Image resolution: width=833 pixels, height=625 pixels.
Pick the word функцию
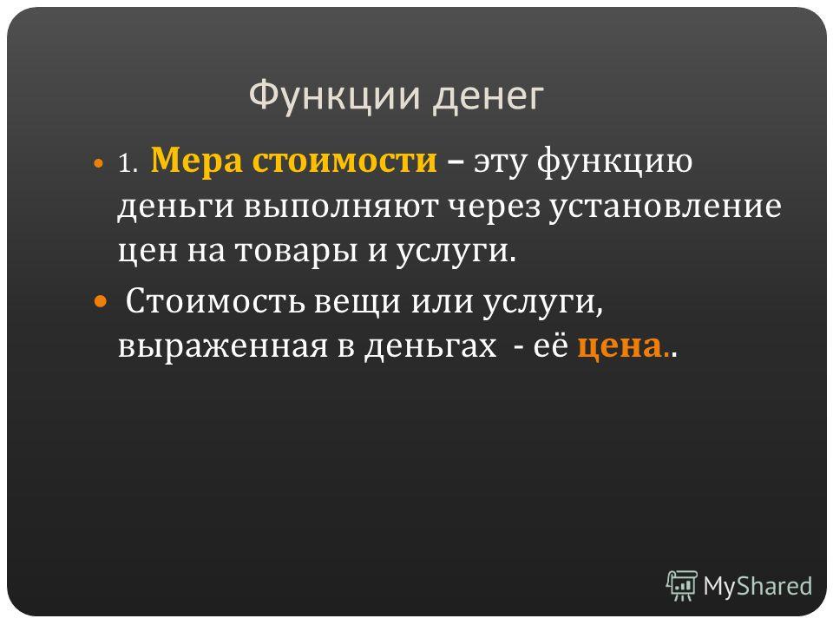tap(614, 161)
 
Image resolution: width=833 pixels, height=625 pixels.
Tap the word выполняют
tap(341, 207)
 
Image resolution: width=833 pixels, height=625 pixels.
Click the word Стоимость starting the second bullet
tap(215, 301)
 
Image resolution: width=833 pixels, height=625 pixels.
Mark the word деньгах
tap(430, 347)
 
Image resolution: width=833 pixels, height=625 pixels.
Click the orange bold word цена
tap(620, 347)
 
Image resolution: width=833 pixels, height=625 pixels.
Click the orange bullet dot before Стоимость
tap(100, 302)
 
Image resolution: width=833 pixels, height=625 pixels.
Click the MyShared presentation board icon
tap(682, 586)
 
